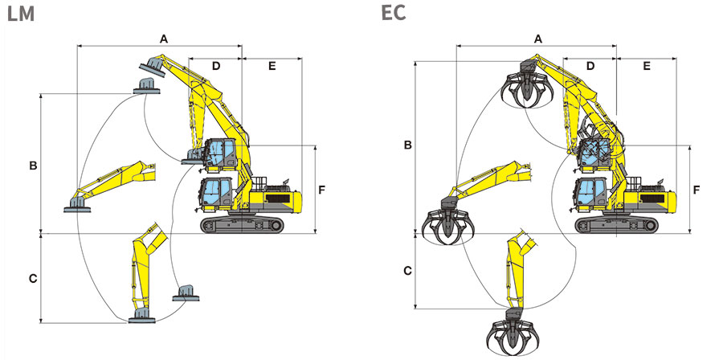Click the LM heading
[x=21, y=14]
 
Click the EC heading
[x=394, y=13]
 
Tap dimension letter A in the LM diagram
[x=163, y=39]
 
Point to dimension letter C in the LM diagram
[x=33, y=279]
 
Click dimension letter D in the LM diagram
[x=216, y=66]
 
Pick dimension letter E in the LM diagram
[x=272, y=66]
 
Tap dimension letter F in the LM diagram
[x=322, y=189]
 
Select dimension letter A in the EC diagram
[x=537, y=39]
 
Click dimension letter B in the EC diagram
[x=407, y=145]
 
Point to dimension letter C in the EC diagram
[x=407, y=271]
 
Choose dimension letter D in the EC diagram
[x=590, y=66]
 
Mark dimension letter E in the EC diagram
[x=647, y=66]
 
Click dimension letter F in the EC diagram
[x=696, y=189]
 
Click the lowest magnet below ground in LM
[x=142, y=317]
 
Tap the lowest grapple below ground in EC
[x=513, y=333]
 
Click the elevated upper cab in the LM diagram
[x=220, y=153]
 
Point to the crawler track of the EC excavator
[x=616, y=224]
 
